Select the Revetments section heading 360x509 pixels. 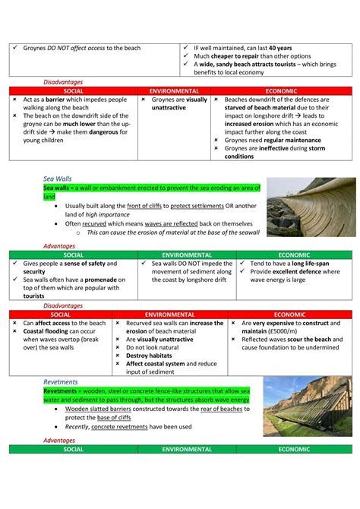pyautogui.click(x=61, y=382)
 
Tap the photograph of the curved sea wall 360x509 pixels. pyautogui.click(x=311, y=207)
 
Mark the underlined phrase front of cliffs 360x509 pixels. pyautogui.click(x=147, y=206)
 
